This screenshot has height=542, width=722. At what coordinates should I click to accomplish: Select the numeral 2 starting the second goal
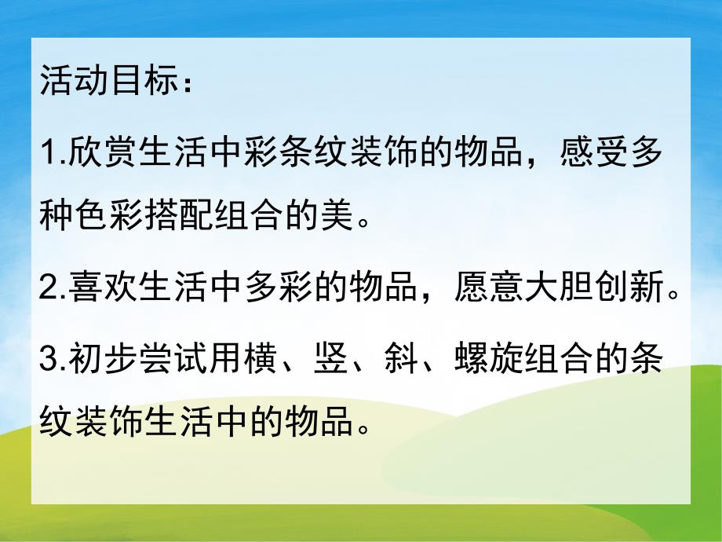46,291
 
